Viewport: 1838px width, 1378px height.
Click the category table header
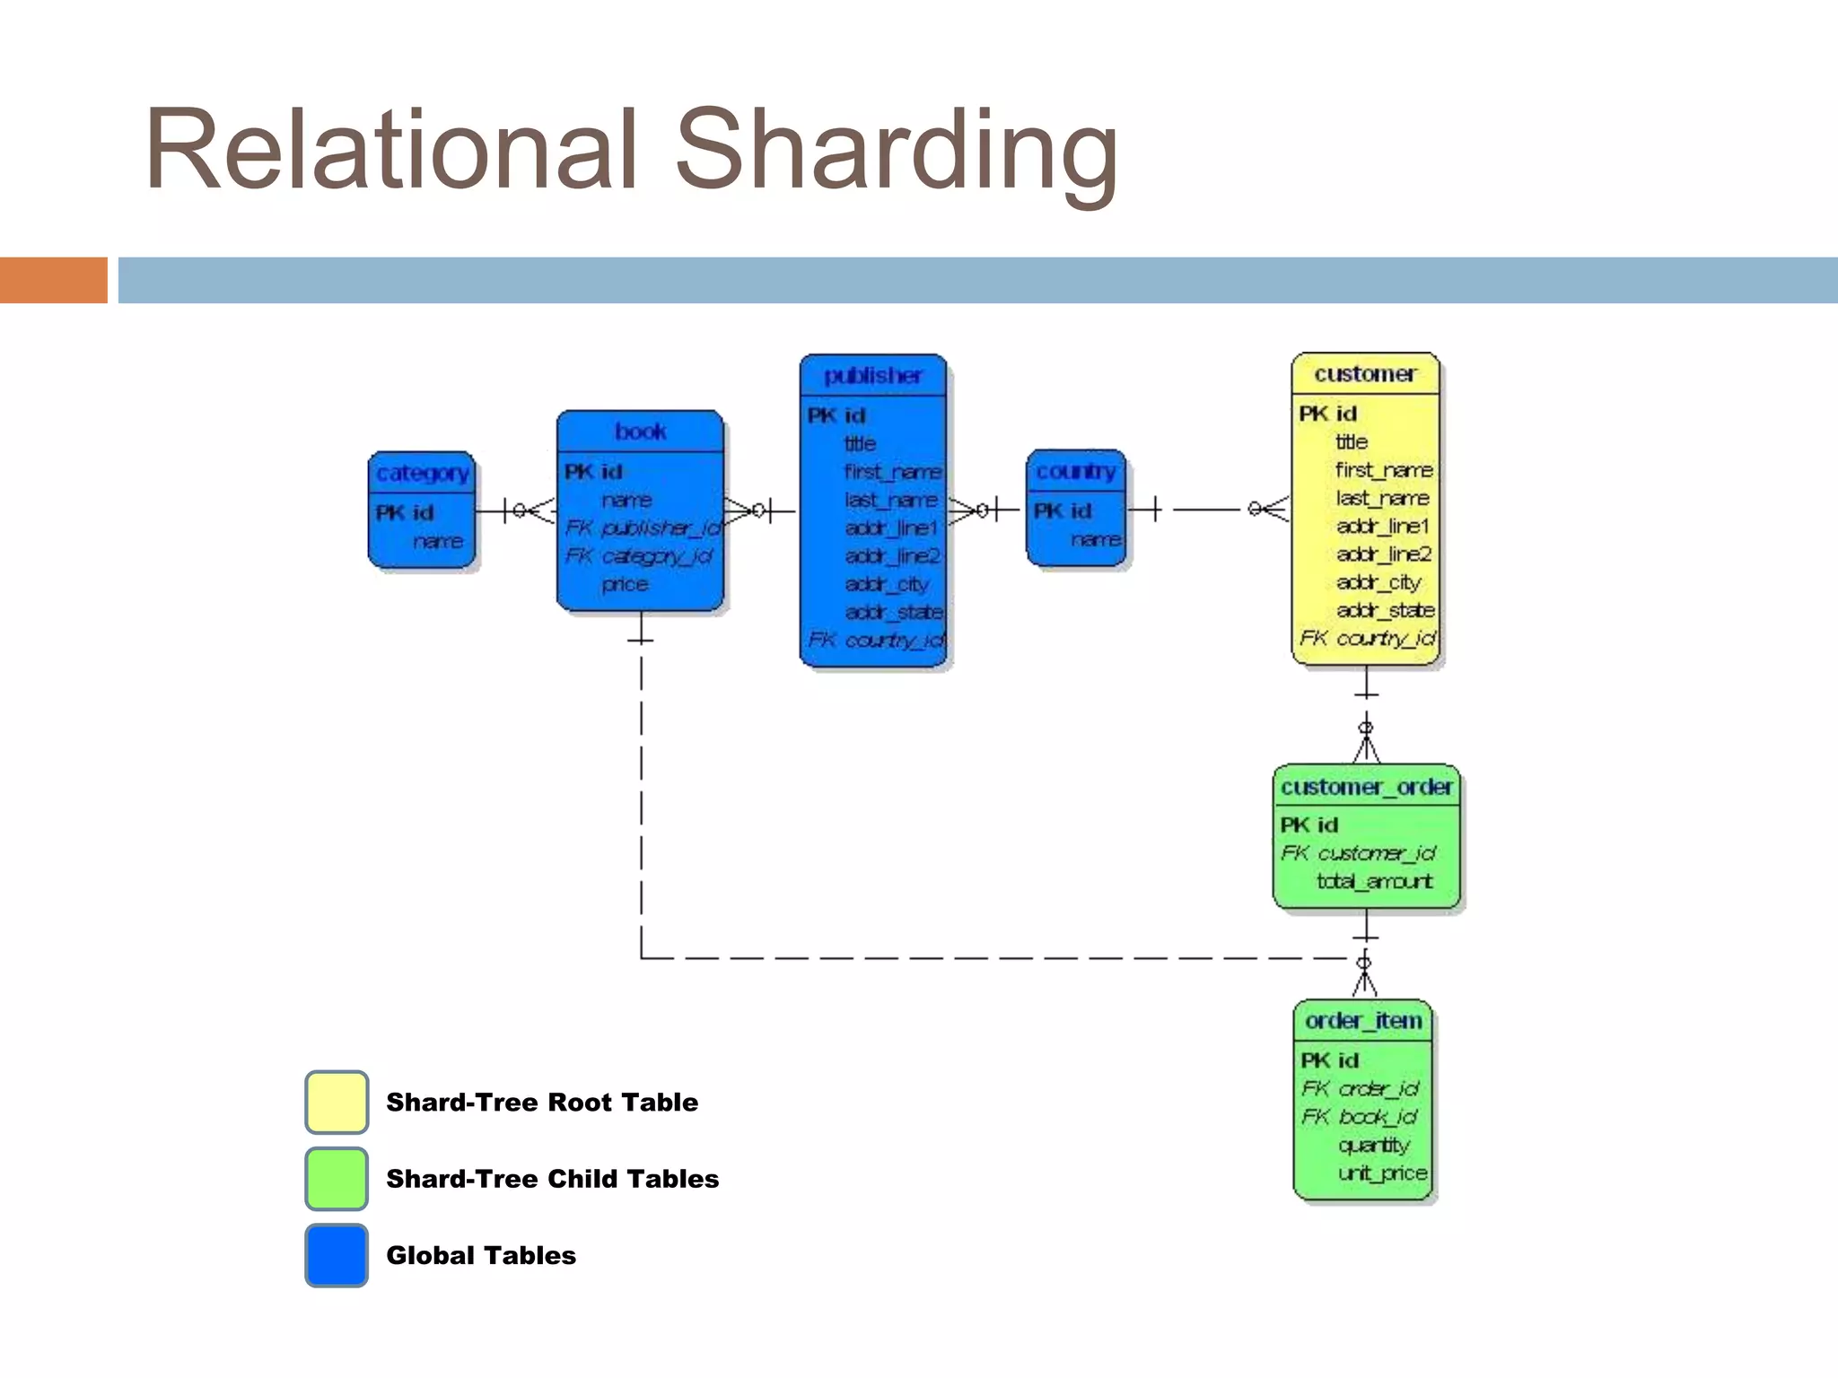click(x=422, y=473)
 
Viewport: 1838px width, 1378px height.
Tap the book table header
click(x=640, y=432)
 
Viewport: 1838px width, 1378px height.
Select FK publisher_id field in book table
click(x=643, y=528)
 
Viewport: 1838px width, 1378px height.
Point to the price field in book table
click(x=625, y=584)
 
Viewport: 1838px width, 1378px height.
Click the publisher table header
click(x=873, y=376)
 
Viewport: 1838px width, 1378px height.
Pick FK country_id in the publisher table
click(x=876, y=640)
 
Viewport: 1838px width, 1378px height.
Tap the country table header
click(x=1075, y=471)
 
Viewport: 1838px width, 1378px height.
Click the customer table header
click(x=1365, y=374)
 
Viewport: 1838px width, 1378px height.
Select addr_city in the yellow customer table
click(x=1378, y=582)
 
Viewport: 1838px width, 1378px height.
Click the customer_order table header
click(x=1366, y=787)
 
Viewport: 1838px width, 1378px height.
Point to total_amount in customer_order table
click(x=1374, y=881)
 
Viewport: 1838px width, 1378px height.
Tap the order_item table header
click(x=1363, y=1021)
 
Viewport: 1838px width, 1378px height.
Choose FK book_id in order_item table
click(x=1360, y=1117)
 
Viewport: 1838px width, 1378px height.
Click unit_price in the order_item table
click(x=1381, y=1173)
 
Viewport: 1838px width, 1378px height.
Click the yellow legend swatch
click(x=337, y=1102)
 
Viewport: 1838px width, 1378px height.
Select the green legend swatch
click(x=337, y=1178)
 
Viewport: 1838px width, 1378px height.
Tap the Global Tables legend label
click(x=481, y=1255)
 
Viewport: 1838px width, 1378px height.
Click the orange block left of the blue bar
click(x=53, y=280)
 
